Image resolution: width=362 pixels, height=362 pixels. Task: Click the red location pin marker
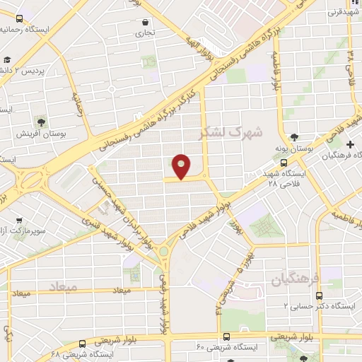182,166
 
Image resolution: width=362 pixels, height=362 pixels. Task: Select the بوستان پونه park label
294,149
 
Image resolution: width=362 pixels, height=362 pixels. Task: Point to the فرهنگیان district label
296,279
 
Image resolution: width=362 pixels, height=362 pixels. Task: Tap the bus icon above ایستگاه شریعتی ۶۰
226,337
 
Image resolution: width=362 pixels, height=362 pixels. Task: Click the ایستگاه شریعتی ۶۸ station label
76,351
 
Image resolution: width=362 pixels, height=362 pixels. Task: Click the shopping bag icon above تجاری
145,21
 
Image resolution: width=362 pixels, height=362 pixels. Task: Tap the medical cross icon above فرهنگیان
350,144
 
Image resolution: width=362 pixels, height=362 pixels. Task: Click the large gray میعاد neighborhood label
64,286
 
